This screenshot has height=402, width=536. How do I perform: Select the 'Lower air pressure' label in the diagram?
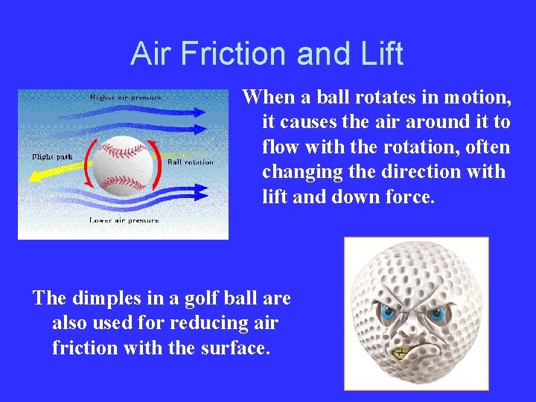pyautogui.click(x=124, y=220)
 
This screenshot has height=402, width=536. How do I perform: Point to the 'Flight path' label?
pyautogui.click(x=51, y=157)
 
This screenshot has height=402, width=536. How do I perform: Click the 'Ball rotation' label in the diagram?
pyautogui.click(x=190, y=162)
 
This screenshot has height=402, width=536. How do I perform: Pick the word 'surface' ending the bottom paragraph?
pyautogui.click(x=233, y=348)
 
